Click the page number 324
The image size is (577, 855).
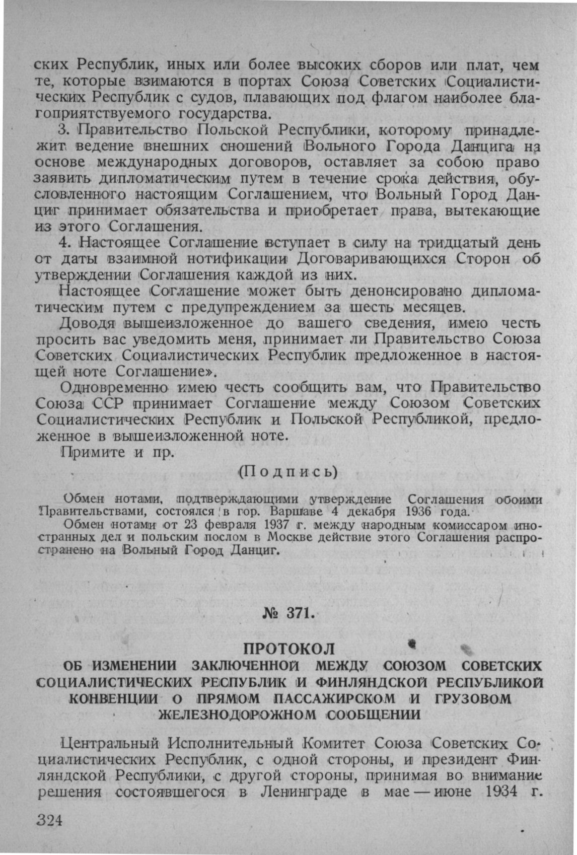click(x=49, y=820)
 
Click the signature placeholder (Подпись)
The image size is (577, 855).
click(x=287, y=471)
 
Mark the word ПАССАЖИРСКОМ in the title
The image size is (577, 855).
click(x=333, y=698)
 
